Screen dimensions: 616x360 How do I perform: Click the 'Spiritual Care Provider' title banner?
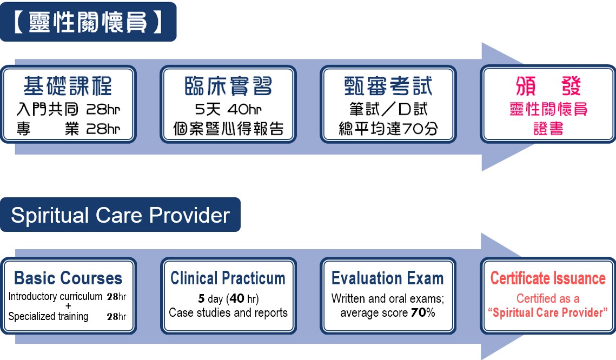tap(120, 215)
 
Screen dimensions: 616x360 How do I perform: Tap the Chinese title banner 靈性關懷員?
tap(88, 22)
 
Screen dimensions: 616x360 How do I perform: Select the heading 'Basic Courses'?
tap(68, 278)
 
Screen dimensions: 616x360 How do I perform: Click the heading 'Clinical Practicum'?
tap(228, 278)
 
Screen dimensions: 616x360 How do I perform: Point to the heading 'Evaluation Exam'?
tap(388, 278)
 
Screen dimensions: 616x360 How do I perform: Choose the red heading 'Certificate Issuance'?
tap(548, 278)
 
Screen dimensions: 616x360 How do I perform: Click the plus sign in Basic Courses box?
tap(68, 306)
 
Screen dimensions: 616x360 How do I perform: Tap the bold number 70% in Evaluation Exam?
tap(423, 312)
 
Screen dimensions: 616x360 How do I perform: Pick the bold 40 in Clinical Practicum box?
tap(237, 298)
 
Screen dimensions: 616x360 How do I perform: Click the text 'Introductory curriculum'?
tap(55, 296)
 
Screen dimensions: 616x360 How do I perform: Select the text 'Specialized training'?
tap(48, 316)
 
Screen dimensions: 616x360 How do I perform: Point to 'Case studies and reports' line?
tap(228, 312)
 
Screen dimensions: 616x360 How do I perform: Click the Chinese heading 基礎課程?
tap(68, 86)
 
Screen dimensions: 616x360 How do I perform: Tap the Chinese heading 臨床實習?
tap(228, 86)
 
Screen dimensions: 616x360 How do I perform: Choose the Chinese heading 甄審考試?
tap(388, 86)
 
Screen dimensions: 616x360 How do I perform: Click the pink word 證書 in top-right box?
tap(548, 128)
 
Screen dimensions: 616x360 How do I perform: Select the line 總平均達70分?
tap(388, 128)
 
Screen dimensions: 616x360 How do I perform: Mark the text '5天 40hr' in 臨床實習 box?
tap(228, 109)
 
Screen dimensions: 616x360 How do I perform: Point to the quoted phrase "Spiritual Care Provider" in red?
tap(548, 312)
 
